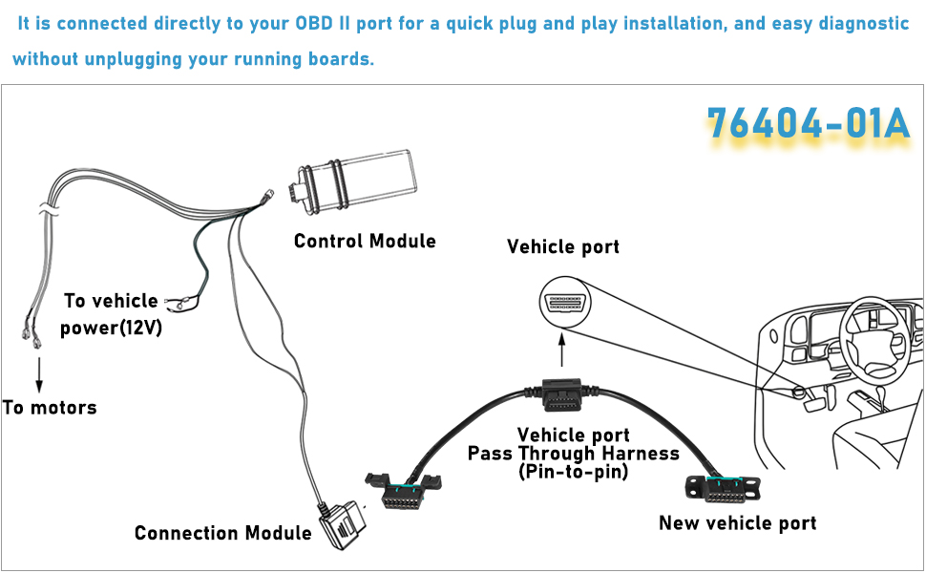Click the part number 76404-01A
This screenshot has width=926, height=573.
pyautogui.click(x=808, y=123)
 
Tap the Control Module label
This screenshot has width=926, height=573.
pyautogui.click(x=365, y=242)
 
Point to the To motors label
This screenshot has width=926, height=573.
pyautogui.click(x=50, y=408)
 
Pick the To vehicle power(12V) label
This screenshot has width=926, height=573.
pyautogui.click(x=112, y=314)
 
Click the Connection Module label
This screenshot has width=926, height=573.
pyautogui.click(x=222, y=533)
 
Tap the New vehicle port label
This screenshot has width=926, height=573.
pyautogui.click(x=738, y=523)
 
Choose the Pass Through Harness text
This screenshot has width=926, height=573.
pyautogui.click(x=574, y=454)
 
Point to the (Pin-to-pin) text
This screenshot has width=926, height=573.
pyautogui.click(x=573, y=472)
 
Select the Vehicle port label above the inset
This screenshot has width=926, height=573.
pyautogui.click(x=563, y=246)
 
